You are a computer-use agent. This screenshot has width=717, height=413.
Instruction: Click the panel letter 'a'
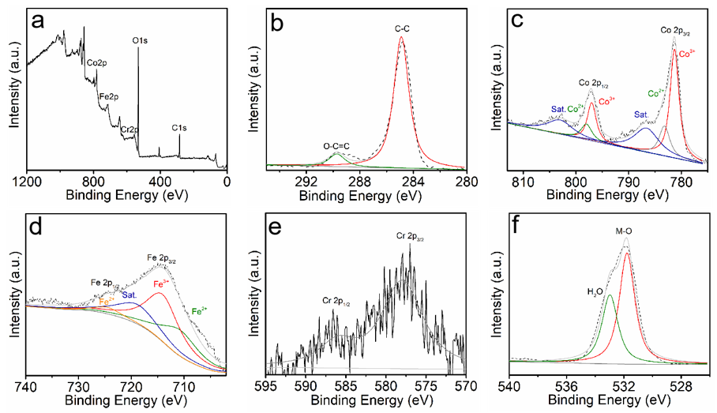coord(38,21)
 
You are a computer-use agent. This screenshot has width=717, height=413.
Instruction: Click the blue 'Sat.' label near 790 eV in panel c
coord(643,115)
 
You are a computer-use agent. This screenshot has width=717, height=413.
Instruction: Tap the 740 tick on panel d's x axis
coord(28,387)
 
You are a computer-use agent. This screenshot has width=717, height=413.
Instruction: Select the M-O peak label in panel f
coord(626,231)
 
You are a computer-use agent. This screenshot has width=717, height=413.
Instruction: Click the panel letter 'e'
coord(278,230)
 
